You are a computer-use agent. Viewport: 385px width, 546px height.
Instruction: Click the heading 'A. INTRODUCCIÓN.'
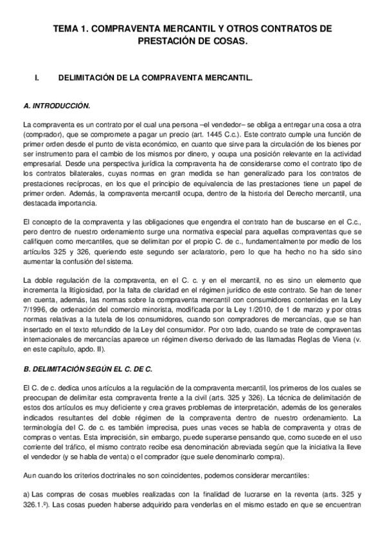[56, 105]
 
